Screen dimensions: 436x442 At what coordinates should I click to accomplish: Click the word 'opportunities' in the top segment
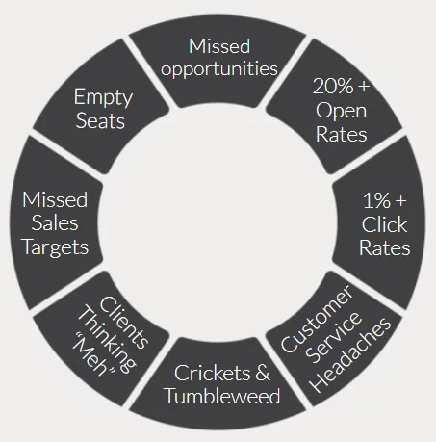pos(219,69)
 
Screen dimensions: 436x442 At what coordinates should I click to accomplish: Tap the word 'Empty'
pos(103,97)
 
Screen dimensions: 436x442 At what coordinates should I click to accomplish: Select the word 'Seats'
pos(100,120)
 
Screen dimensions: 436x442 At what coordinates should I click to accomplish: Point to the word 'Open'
pos(341,111)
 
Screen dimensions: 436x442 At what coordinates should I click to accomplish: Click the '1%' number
pos(377,200)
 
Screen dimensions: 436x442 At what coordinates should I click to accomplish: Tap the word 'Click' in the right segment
pos(384,223)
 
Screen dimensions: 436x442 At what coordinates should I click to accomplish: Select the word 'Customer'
pos(317,319)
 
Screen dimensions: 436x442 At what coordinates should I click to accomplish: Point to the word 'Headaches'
pos(351,355)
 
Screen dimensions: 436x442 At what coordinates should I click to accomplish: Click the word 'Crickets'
pos(212,373)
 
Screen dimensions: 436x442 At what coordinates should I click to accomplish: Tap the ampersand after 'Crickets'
pos(263,373)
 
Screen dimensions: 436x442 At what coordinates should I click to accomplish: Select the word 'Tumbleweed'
pos(222,396)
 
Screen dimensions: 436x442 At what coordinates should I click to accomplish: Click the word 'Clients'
pos(124,323)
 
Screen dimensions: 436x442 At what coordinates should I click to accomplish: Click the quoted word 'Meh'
pos(93,356)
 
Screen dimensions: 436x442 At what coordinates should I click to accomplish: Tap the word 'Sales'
pos(55,222)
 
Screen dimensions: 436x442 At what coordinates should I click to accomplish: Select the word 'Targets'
pos(56,247)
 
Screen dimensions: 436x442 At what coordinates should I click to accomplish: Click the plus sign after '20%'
pos(364,87)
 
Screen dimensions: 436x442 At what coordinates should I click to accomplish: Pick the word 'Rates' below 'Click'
pos(384,247)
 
